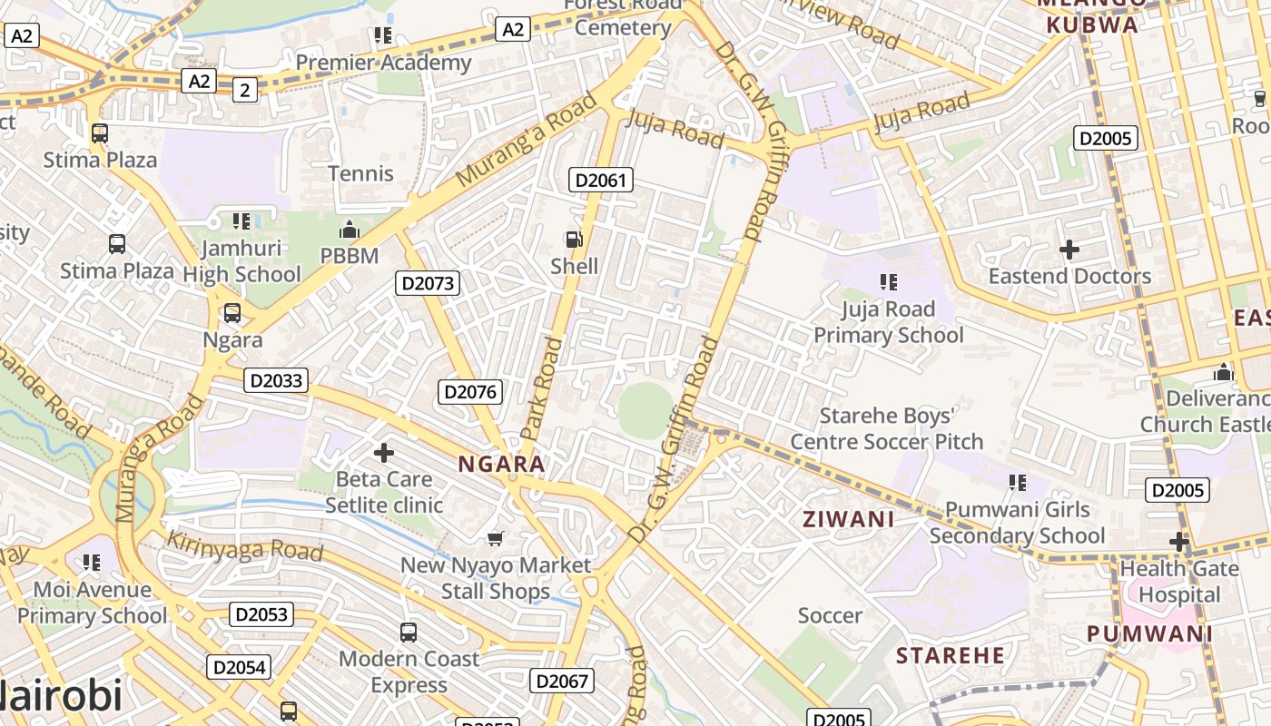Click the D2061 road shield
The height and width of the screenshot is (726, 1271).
(601, 180)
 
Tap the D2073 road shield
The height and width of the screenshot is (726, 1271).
(428, 283)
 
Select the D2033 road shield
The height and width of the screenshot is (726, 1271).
(276, 380)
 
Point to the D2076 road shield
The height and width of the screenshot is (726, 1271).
(469, 392)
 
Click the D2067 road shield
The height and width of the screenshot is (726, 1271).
(562, 681)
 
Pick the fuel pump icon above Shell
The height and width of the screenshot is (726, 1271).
(574, 240)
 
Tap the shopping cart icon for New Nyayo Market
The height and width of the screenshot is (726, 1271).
(495, 539)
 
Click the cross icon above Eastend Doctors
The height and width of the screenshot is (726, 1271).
(1069, 249)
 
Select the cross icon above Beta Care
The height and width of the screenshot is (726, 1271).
(384, 452)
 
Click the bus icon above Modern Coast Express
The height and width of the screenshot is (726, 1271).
(409, 632)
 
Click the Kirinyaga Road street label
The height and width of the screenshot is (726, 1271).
(244, 546)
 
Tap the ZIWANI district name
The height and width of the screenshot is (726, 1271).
(848, 519)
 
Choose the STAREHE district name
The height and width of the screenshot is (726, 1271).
(951, 655)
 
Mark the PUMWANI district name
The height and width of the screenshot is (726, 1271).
(1149, 633)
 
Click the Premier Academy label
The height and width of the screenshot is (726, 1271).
(383, 63)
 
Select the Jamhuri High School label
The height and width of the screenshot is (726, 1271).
(241, 261)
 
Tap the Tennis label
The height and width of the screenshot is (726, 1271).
(360, 173)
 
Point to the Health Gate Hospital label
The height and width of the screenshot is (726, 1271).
(1179, 582)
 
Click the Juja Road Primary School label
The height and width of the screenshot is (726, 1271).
(888, 322)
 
